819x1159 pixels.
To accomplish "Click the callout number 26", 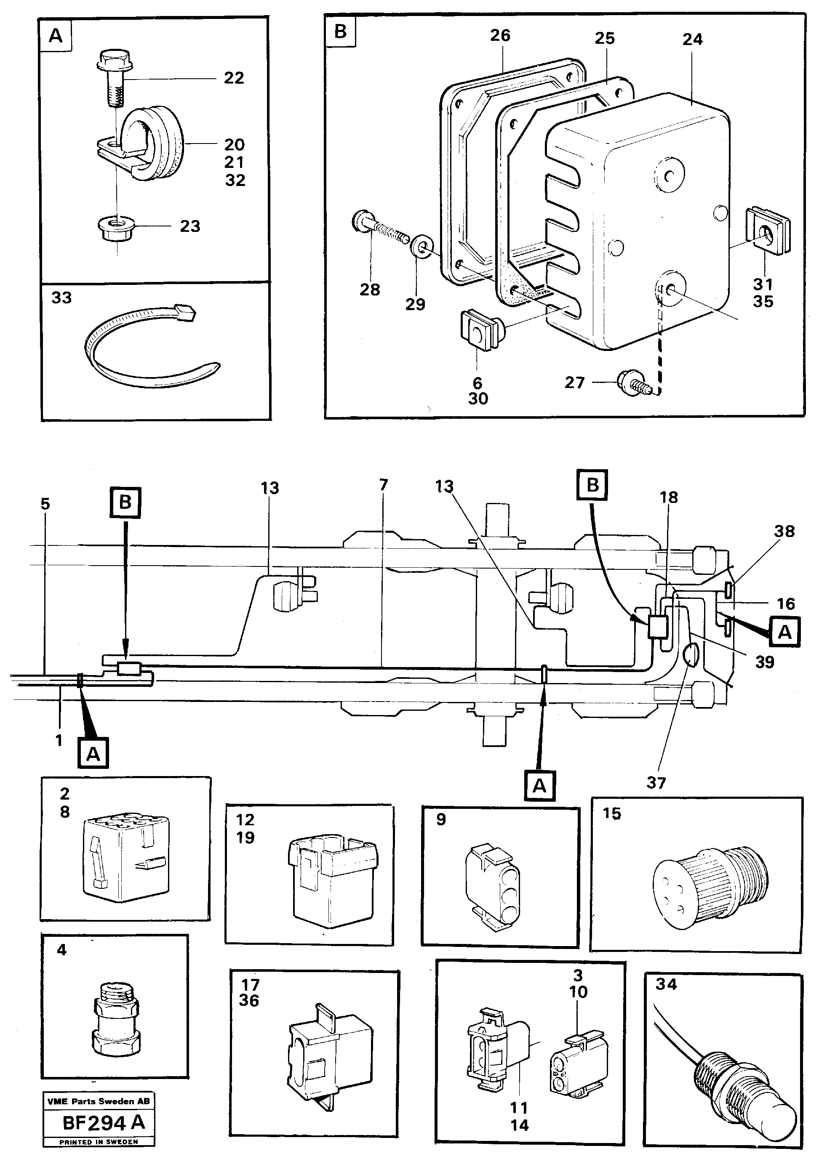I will [x=500, y=35].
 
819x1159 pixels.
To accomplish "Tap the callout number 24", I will [x=692, y=40].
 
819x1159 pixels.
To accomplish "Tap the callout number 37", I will [x=656, y=783].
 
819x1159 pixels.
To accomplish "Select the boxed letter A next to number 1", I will [x=93, y=754].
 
